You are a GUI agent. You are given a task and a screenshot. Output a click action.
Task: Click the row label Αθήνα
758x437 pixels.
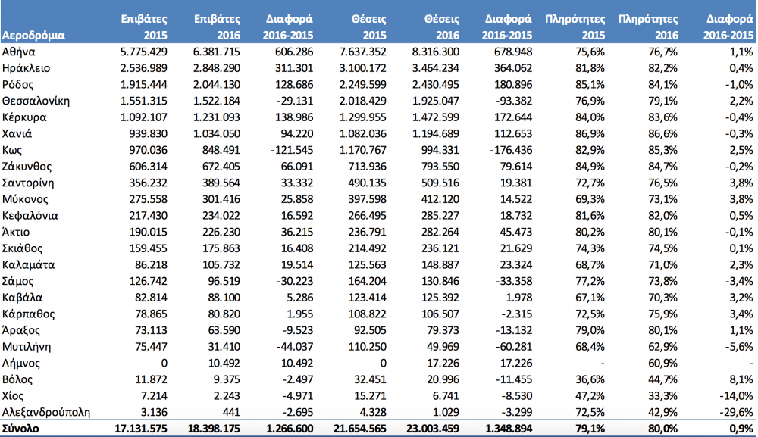18,52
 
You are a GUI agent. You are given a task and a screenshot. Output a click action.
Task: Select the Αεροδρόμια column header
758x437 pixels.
33,36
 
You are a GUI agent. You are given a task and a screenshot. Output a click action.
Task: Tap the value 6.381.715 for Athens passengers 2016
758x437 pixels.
217,52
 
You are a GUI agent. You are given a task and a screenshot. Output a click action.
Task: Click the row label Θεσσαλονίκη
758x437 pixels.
36,101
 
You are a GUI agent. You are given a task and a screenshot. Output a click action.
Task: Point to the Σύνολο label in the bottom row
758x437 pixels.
20,429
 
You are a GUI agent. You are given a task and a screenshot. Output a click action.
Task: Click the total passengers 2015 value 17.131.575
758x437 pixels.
141,429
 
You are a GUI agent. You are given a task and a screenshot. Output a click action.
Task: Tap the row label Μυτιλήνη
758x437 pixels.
27,347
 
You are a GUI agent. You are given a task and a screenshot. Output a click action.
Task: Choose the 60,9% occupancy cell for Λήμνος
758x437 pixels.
662,363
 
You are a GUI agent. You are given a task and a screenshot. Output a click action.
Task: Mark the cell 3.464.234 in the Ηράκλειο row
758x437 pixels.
436,68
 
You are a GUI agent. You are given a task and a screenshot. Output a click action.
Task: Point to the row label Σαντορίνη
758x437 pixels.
28,183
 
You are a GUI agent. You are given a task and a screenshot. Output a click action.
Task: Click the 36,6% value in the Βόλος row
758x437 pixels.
590,379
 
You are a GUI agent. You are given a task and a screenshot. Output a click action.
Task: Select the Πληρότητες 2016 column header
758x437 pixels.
648,27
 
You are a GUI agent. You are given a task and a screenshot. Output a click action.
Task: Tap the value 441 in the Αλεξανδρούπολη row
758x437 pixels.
230,412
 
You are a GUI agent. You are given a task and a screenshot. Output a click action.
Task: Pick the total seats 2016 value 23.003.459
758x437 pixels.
433,429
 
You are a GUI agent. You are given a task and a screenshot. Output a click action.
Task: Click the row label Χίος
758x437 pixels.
13,396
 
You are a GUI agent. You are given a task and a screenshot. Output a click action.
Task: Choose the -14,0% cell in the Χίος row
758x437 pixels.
736,396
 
